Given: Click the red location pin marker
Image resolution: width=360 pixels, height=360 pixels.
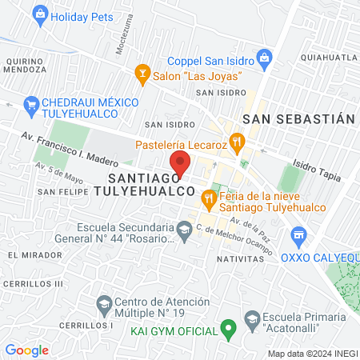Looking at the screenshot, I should [181, 162].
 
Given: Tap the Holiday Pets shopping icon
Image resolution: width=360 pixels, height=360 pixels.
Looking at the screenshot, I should [39, 14].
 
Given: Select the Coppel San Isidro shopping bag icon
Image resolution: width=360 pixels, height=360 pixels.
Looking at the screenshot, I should [266, 58].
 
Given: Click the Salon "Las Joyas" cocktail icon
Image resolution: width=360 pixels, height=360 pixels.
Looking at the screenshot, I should [142, 74].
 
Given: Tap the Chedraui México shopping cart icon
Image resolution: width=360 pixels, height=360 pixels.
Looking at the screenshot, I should [31, 103].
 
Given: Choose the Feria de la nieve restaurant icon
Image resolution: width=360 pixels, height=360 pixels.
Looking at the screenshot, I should [210, 196].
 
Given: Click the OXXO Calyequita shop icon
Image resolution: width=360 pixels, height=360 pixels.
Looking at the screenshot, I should [299, 234].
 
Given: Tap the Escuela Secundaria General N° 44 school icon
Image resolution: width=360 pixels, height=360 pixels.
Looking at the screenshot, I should [184, 230].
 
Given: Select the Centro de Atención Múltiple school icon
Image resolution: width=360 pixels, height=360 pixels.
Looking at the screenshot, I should [103, 304].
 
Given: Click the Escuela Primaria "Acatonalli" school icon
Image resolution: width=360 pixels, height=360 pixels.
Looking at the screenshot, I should [252, 318].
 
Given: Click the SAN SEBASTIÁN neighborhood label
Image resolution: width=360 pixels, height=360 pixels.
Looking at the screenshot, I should [298, 118].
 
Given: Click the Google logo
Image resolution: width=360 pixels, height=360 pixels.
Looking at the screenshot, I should [26, 350].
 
